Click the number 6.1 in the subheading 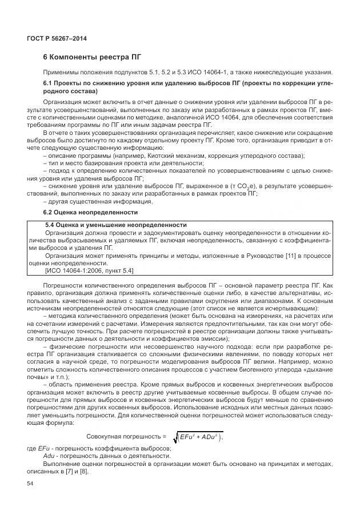(50, 84)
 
